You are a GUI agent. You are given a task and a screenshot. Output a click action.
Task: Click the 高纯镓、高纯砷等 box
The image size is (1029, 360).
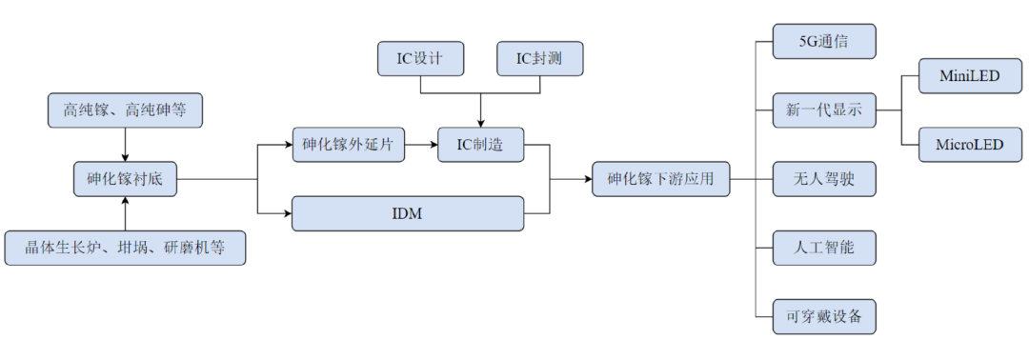coord(125,110)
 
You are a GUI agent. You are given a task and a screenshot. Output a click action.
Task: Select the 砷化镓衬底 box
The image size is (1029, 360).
coord(125,179)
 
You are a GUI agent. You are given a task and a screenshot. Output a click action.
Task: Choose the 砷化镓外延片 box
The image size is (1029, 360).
coord(348,145)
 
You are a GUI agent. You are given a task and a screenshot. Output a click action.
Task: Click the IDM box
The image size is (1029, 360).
coord(408,213)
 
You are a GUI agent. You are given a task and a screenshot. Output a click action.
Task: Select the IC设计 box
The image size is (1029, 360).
coord(419,59)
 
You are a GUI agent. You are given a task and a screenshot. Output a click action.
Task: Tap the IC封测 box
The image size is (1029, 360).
coord(539,59)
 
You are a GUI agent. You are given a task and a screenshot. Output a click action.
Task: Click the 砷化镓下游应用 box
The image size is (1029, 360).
coord(661,179)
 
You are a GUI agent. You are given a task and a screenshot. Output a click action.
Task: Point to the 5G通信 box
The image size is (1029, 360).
coord(824,42)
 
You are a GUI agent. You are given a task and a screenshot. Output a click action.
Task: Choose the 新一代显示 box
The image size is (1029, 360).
coord(824,110)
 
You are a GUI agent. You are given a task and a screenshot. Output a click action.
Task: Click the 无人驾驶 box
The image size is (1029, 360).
coord(824,179)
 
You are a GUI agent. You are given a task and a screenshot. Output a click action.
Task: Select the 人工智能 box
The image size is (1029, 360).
coord(824,248)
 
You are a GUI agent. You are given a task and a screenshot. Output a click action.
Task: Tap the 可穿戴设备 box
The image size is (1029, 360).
coord(824,316)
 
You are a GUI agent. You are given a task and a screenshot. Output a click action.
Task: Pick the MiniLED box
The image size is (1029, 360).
coord(970,76)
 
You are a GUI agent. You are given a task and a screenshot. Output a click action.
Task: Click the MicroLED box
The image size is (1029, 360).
coord(970,145)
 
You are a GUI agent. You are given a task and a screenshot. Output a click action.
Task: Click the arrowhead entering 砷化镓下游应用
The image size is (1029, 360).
coord(586,179)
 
